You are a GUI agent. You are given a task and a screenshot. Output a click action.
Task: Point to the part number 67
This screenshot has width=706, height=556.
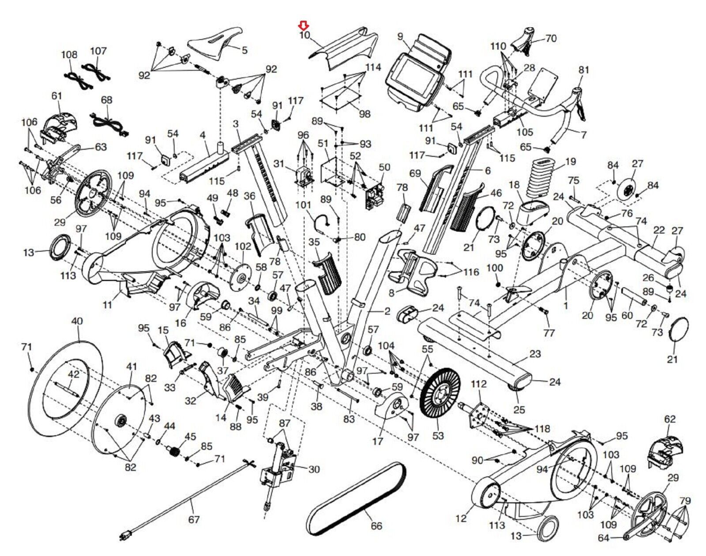pyautogui.click(x=194, y=520)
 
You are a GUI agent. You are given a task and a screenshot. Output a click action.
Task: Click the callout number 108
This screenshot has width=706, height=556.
pyautogui.click(x=69, y=55)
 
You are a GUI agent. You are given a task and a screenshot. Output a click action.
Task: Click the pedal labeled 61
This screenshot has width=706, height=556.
pyautogui.click(x=57, y=123)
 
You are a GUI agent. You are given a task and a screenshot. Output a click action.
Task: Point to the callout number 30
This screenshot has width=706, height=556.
pyautogui.click(x=314, y=469)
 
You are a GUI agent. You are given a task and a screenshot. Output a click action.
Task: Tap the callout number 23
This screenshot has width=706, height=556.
pyautogui.click(x=535, y=354)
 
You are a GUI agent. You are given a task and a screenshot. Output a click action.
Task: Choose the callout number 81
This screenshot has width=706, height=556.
pyautogui.click(x=584, y=70)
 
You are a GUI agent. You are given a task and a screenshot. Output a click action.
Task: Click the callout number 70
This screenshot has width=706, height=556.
pyautogui.click(x=551, y=39)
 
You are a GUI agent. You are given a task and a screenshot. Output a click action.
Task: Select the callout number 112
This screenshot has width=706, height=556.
pyautogui.click(x=478, y=384)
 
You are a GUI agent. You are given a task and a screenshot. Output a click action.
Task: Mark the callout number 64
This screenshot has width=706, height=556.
pyautogui.click(x=604, y=538)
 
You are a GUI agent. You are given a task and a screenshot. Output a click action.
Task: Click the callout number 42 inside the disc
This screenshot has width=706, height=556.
pyautogui.click(x=73, y=374)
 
